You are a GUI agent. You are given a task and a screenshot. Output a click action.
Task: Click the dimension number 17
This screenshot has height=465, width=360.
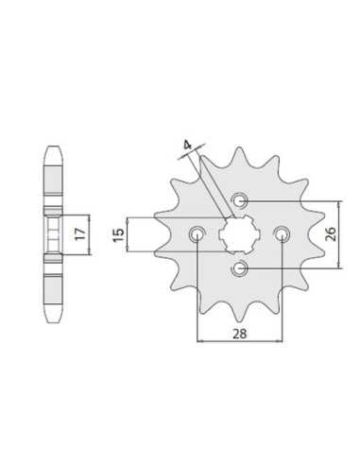(x=80, y=233)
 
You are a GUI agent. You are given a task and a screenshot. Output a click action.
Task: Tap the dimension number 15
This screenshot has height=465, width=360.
(x=118, y=234)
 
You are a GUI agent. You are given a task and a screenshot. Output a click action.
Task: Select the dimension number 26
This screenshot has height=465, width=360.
(x=331, y=234)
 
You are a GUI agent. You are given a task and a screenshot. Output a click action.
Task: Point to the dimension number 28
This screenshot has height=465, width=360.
(x=240, y=334)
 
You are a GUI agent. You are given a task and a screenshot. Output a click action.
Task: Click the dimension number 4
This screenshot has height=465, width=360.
(x=187, y=146)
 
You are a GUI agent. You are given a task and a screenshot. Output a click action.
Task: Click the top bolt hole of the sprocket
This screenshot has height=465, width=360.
(x=239, y=199)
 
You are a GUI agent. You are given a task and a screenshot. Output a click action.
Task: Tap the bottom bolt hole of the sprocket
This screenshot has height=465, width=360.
(x=239, y=268)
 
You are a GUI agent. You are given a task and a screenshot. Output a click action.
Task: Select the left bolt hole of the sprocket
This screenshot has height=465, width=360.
(x=197, y=234)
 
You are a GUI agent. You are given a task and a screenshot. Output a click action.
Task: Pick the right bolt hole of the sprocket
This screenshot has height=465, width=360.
(x=283, y=234)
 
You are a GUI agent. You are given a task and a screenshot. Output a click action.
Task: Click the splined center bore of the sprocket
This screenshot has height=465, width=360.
(x=239, y=234)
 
